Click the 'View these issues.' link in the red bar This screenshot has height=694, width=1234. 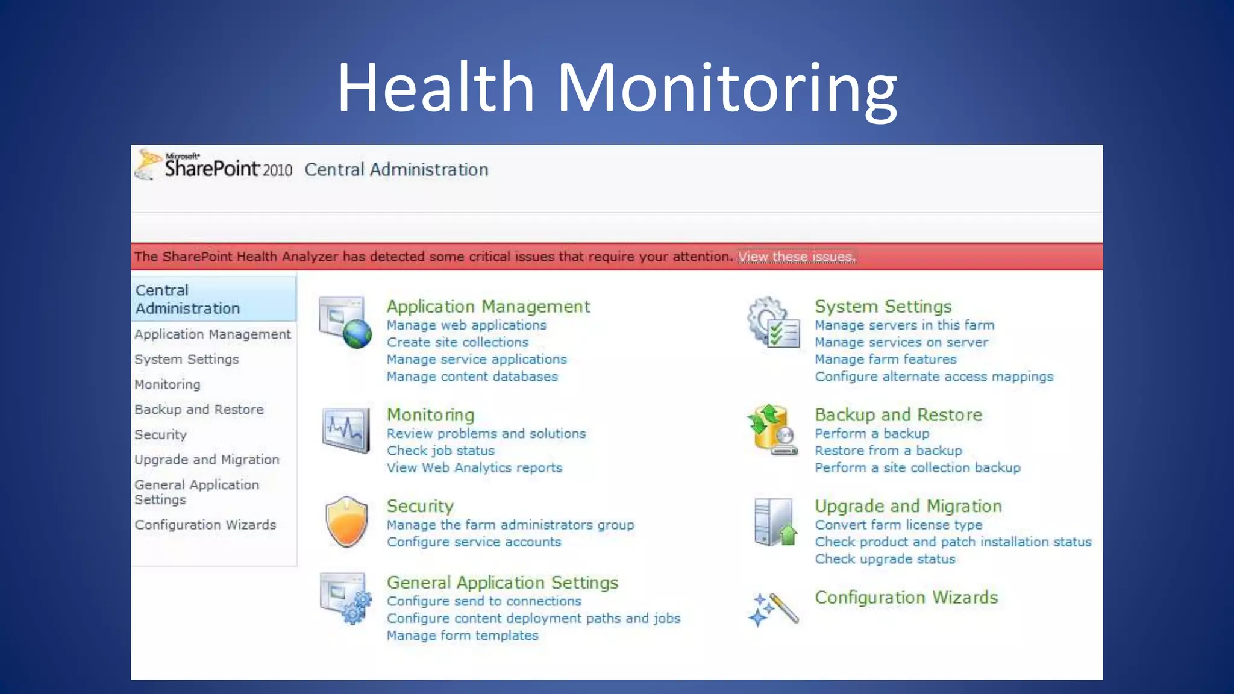[x=797, y=257]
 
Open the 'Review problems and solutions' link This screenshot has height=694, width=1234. [x=486, y=434]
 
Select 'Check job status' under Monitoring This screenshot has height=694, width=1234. [x=440, y=451]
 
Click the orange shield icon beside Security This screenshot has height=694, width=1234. [x=346, y=522]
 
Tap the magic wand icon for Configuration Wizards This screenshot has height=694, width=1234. [x=774, y=609]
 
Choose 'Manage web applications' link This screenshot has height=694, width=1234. [x=466, y=325]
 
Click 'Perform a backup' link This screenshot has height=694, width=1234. [x=871, y=434]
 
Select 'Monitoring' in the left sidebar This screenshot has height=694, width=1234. [x=168, y=384]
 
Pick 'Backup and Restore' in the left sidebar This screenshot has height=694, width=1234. [x=199, y=410]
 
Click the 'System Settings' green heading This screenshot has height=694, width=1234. [x=883, y=307]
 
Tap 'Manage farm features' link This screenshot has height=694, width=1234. [x=885, y=360]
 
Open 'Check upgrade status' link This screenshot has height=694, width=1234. [x=885, y=559]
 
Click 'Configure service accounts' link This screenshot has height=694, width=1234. [x=474, y=542]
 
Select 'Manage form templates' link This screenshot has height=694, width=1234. [x=462, y=636]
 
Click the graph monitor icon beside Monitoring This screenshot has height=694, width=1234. [x=346, y=430]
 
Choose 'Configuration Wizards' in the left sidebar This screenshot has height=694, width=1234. [x=205, y=525]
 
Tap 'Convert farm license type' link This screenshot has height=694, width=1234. [x=898, y=525]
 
